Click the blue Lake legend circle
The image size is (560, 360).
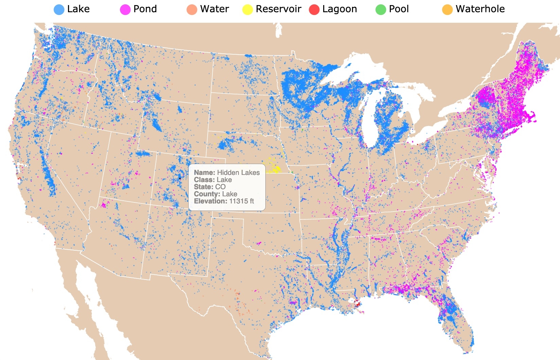click(x=59, y=10)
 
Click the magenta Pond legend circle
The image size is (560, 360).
click(x=125, y=10)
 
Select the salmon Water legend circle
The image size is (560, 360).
click(x=192, y=10)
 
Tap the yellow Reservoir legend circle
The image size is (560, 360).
click(x=247, y=10)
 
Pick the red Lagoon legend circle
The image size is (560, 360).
click(x=314, y=10)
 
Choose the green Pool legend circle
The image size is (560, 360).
click(x=381, y=10)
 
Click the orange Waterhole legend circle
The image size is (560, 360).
click(x=447, y=10)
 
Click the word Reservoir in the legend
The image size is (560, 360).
click(x=278, y=9)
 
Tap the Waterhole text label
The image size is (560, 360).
click(x=480, y=9)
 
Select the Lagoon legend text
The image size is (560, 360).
click(x=339, y=9)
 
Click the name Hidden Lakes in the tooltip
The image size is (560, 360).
click(x=238, y=173)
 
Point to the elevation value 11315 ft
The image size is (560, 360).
click(x=241, y=201)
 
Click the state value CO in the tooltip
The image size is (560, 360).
click(x=220, y=187)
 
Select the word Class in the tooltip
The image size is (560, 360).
click(x=204, y=180)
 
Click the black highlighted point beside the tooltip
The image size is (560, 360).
click(x=180, y=178)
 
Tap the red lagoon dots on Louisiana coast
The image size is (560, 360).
click(x=356, y=303)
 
